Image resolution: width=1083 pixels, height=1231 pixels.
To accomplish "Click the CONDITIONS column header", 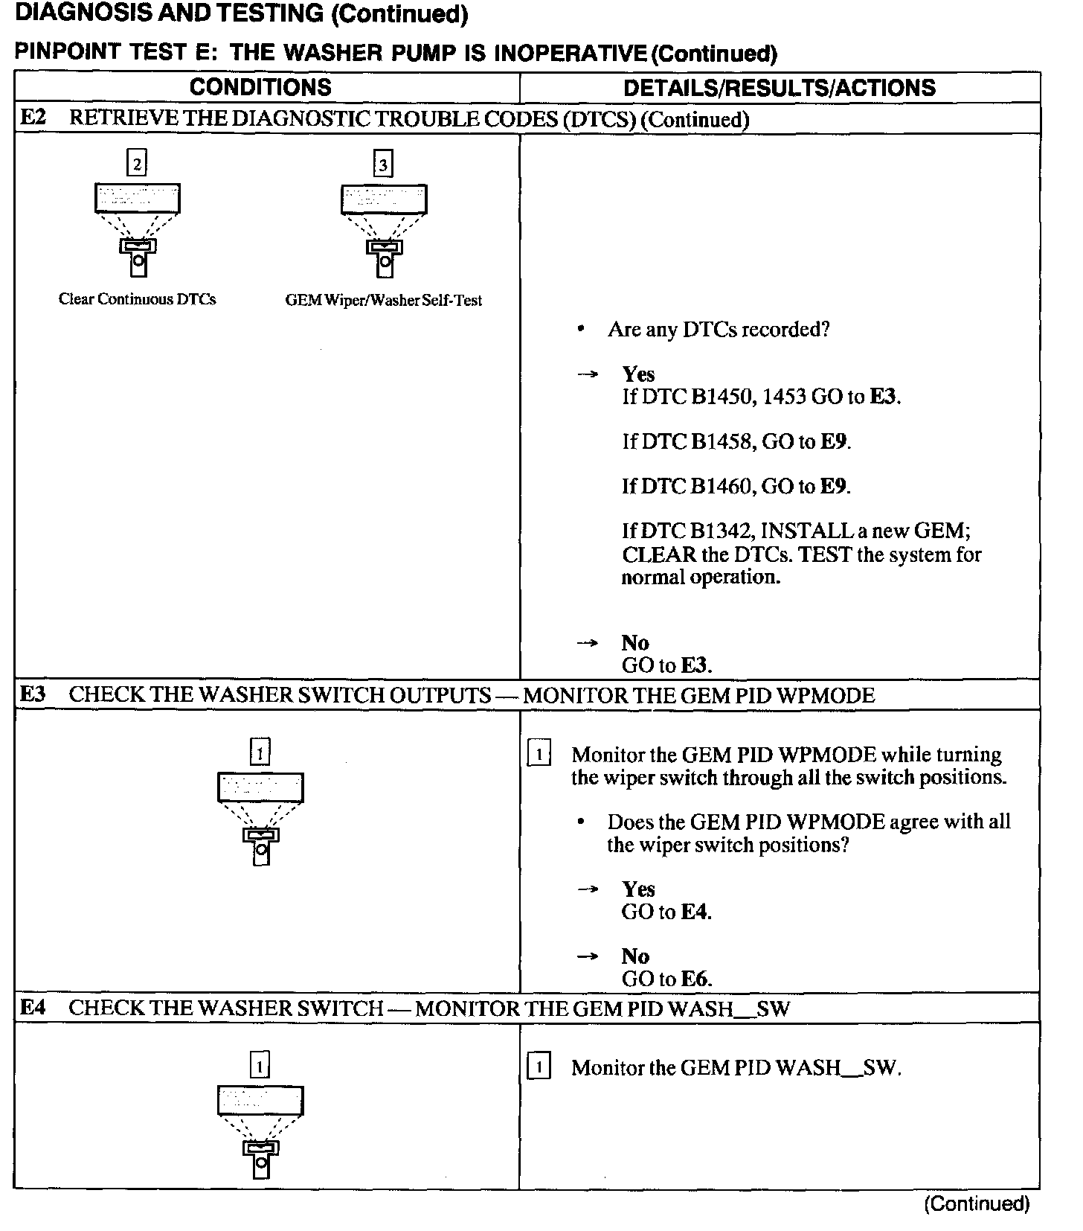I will pyautogui.click(x=260, y=87).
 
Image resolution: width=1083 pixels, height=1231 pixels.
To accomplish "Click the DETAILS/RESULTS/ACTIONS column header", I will pyautogui.click(x=779, y=88).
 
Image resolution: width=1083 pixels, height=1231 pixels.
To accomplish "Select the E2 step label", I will pyautogui.click(x=33, y=118).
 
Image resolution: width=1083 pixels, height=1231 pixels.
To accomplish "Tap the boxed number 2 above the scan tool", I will pyautogui.click(x=137, y=163).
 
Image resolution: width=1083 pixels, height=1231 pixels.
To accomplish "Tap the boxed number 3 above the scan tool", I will pyautogui.click(x=382, y=164).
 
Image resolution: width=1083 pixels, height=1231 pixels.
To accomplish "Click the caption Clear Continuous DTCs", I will pyautogui.click(x=137, y=299).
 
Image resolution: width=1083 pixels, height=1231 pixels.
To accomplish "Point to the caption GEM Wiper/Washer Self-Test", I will pyautogui.click(x=383, y=301).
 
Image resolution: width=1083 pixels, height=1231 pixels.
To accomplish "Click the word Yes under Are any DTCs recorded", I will pyautogui.click(x=638, y=374).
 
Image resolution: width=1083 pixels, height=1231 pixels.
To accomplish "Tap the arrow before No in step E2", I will pyautogui.click(x=588, y=643).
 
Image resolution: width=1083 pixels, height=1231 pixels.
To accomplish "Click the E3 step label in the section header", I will pyautogui.click(x=33, y=694).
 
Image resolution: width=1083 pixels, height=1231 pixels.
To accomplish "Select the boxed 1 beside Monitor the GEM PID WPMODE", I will pyautogui.click(x=539, y=755).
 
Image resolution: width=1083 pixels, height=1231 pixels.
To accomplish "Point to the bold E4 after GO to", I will pyautogui.click(x=695, y=912).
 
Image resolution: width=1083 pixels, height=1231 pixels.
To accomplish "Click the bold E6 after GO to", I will pyautogui.click(x=695, y=979).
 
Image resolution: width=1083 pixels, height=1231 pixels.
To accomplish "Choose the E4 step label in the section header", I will pyautogui.click(x=33, y=1008).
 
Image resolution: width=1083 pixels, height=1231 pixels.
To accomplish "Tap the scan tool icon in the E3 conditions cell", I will pyautogui.click(x=260, y=819).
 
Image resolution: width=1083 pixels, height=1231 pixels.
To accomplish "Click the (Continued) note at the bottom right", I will pyautogui.click(x=977, y=1203).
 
